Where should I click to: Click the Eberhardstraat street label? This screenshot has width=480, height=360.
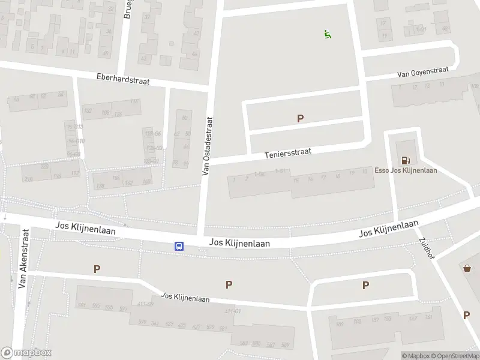coord(123,79)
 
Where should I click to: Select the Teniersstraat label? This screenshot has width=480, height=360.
coord(288,154)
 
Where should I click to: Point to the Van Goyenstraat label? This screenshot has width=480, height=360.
coord(422,73)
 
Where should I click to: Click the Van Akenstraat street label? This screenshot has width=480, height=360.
coord(23,258)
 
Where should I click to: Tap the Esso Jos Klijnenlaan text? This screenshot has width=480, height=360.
coord(406,170)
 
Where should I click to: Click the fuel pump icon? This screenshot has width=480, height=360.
coord(406,160)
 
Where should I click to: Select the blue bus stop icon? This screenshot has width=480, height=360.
coord(179,246)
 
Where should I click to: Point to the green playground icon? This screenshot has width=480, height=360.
coord(327,34)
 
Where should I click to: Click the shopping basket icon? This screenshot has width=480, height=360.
coord(467,268)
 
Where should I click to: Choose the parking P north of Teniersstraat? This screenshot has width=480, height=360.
coord(300,119)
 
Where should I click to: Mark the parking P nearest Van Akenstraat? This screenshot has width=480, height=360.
coord(97,269)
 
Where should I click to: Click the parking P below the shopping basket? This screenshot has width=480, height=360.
coord(466,315)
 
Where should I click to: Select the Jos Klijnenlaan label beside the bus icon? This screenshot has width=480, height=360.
coord(239,243)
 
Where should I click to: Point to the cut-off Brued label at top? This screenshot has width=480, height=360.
coord(127,9)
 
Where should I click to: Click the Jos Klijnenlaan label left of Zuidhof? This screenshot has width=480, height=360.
coord(388,229)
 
